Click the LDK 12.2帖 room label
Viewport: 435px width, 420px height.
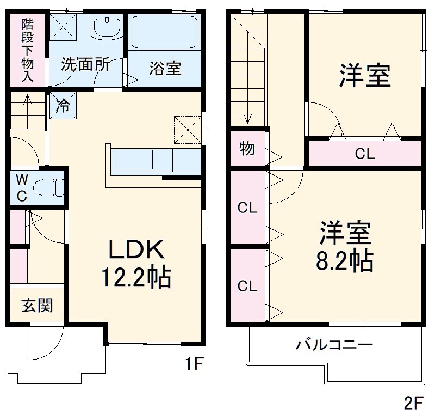point(136,264)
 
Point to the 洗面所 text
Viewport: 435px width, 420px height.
point(85,64)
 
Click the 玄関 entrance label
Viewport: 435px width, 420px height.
point(37,305)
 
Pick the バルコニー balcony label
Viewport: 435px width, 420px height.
point(334,345)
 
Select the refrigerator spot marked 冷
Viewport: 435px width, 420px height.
point(64,105)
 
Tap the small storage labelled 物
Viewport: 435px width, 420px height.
point(247,148)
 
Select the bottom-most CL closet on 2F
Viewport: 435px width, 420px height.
point(247,286)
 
